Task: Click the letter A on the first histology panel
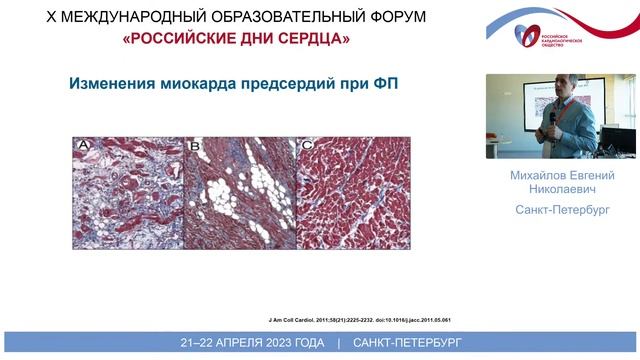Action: [85, 147]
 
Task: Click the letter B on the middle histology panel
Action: [195, 147]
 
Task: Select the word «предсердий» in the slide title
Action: [303, 85]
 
